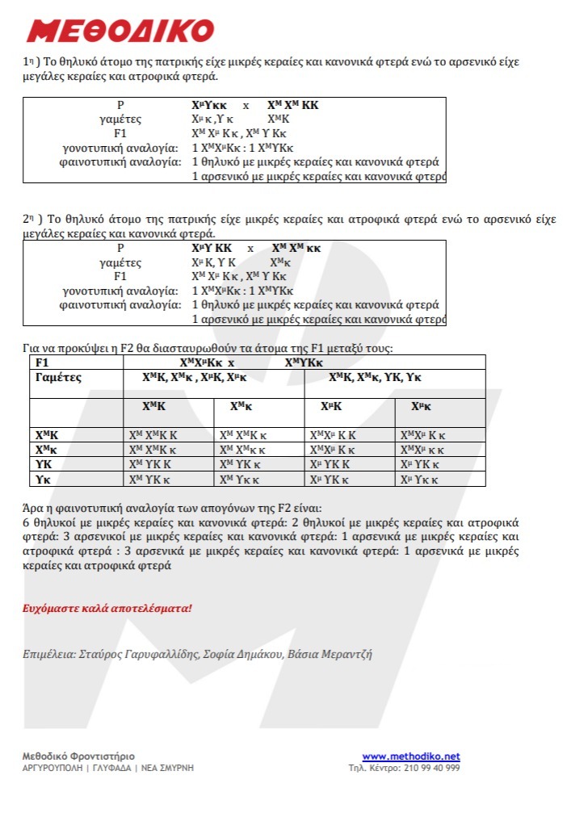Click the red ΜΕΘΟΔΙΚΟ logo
point(120,31)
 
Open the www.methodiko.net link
point(410,756)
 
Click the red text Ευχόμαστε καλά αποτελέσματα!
point(107,607)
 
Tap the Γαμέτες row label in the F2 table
point(59,377)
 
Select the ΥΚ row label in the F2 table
point(44,464)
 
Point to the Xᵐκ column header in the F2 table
point(421,406)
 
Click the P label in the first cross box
point(121,106)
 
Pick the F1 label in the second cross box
point(120,276)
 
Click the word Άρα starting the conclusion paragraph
point(32,509)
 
